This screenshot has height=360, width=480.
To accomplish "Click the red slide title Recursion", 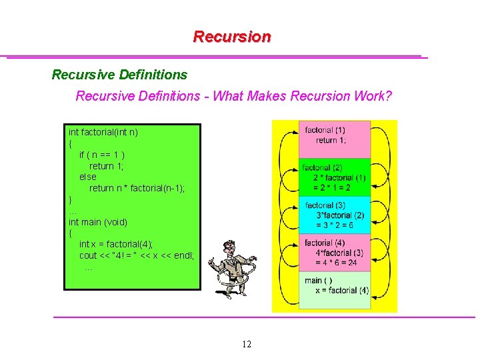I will (x=232, y=37).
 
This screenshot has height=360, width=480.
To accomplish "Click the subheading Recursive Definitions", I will (x=119, y=75).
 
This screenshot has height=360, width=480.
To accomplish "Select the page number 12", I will (x=247, y=345).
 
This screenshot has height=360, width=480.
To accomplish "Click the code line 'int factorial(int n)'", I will (x=103, y=132).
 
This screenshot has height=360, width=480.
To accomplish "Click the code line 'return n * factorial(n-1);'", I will (x=137, y=188).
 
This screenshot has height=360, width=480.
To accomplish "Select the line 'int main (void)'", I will (x=98, y=221).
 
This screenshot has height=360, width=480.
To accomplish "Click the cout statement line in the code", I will (x=137, y=255).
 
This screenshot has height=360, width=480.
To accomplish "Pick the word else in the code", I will (x=87, y=177).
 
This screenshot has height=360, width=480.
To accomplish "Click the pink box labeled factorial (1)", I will (x=334, y=139).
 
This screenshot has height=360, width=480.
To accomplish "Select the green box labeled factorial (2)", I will (x=334, y=177).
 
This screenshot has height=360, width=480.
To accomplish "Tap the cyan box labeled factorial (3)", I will (x=334, y=215).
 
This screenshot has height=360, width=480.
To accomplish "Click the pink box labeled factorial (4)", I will (x=334, y=252).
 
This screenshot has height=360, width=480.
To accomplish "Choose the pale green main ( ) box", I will (x=334, y=290).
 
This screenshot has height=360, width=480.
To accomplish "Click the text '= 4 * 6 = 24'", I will (x=336, y=263).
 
